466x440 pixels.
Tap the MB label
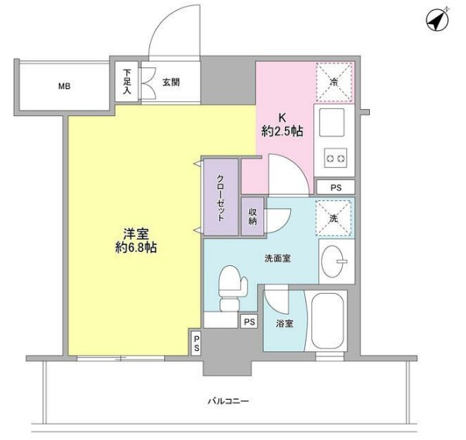coord(63,86)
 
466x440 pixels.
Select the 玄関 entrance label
coord(172,81)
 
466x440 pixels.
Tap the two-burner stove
coord(335,159)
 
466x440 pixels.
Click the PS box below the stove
coord(334,187)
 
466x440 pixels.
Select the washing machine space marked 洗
coord(334,217)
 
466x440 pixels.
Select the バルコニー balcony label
coord(228,402)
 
